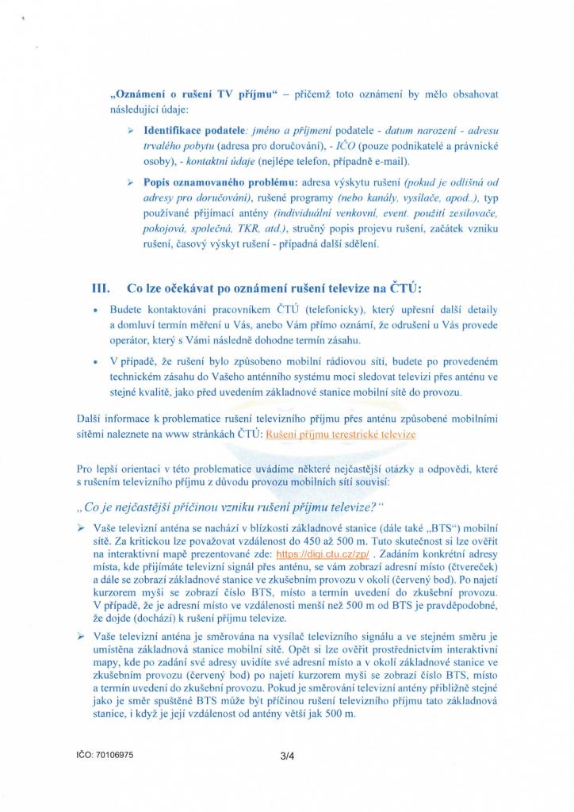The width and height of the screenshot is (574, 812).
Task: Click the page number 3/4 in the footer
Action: click(287, 756)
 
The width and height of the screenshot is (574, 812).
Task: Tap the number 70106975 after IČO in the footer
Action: click(111, 756)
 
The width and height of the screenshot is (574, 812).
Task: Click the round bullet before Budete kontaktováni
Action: click(95, 309)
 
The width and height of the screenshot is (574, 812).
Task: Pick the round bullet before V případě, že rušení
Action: click(95, 362)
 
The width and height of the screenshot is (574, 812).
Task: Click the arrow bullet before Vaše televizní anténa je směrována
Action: click(81, 637)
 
